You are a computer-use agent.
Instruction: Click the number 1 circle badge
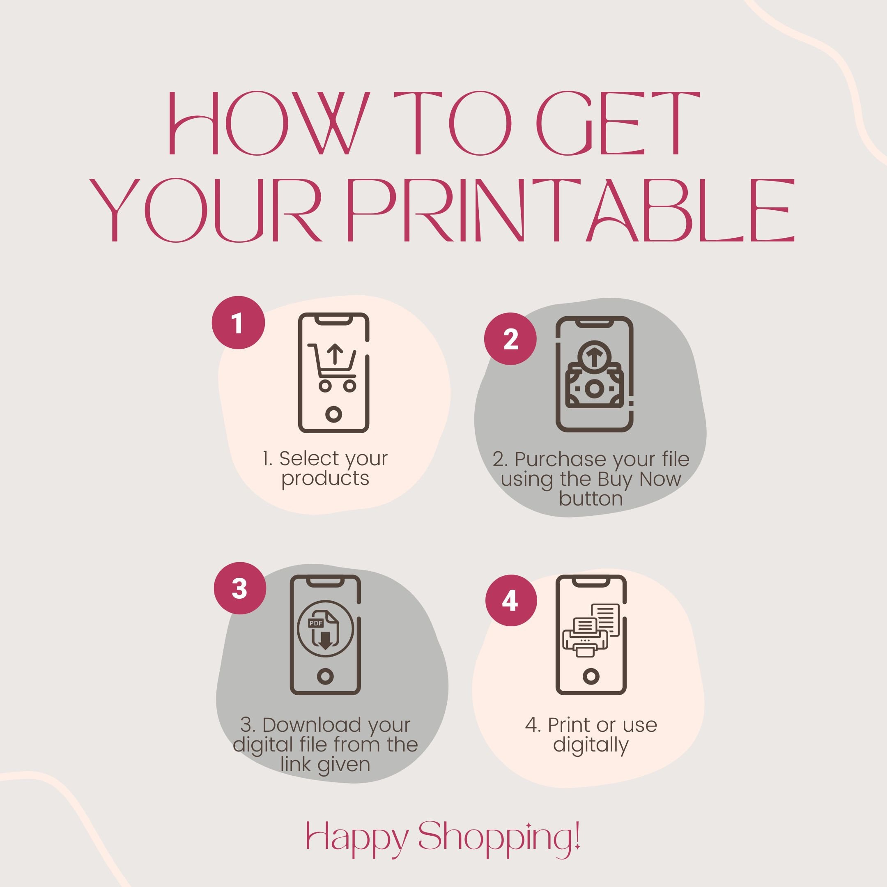click(x=238, y=323)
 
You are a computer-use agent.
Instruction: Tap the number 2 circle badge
click(x=510, y=339)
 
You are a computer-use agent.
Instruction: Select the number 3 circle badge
click(x=240, y=588)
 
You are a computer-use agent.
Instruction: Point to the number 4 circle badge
click(x=510, y=600)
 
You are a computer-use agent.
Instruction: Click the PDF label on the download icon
click(x=316, y=623)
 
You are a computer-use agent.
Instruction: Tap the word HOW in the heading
click(x=269, y=123)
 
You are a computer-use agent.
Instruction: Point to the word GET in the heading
click(x=618, y=123)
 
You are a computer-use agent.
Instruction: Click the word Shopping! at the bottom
click(x=499, y=836)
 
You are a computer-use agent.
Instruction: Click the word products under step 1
click(x=325, y=478)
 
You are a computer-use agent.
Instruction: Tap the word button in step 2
click(x=591, y=499)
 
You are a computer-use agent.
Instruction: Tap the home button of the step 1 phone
click(x=334, y=414)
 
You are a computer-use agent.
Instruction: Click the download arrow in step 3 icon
click(x=326, y=641)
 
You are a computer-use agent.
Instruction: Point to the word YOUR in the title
click(x=205, y=210)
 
